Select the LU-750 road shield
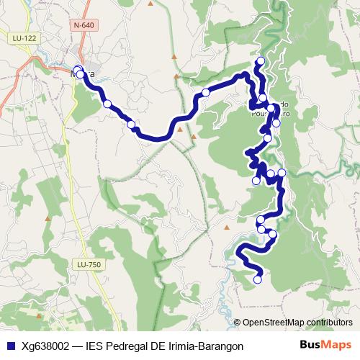click(89, 265)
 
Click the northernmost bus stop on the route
click(261, 60)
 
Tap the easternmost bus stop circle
click(282, 173)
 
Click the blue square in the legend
click(10, 346)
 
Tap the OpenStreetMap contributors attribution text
click(297, 323)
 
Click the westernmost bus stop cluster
click(78, 71)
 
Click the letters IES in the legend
click(95, 346)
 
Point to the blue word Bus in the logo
click(309, 346)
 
